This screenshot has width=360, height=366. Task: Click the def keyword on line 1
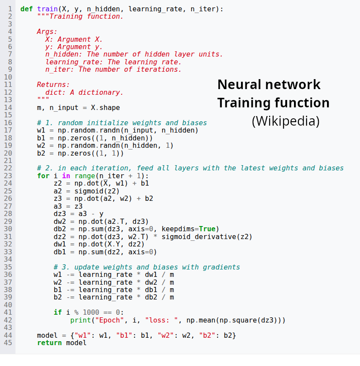tap(26, 9)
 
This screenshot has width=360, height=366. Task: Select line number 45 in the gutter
tap(8, 343)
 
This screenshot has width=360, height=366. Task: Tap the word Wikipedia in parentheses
tap(285, 121)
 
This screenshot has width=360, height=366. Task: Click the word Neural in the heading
tap(240, 84)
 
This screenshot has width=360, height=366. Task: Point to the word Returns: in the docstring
tap(53, 85)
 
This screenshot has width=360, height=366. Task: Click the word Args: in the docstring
tap(47, 32)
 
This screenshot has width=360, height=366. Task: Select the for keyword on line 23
tap(43, 176)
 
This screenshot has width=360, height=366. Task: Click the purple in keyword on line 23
tap(66, 176)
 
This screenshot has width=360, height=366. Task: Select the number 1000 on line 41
tap(91, 313)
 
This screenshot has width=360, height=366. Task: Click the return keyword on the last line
tap(49, 343)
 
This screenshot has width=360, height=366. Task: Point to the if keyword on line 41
tap(57, 313)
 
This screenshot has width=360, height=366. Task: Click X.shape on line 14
tap(105, 107)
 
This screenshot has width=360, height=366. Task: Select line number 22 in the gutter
tap(8, 168)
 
